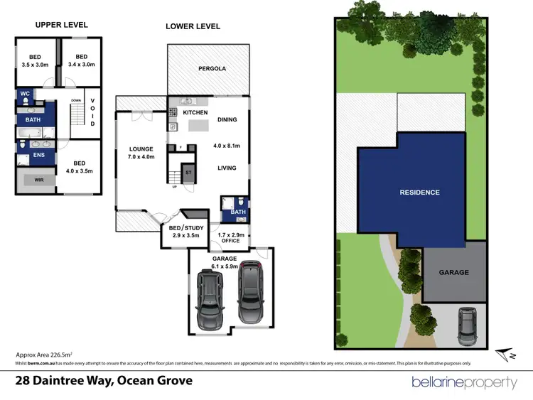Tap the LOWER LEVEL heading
pyautogui.click(x=193, y=26)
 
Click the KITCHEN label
pyautogui.click(x=195, y=113)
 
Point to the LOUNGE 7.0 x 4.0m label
pyautogui.click(x=141, y=153)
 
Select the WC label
pyautogui.click(x=24, y=94)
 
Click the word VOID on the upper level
pyautogui.click(x=92, y=112)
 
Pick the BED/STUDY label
pyautogui.click(x=185, y=228)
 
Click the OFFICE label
pyautogui.click(x=230, y=240)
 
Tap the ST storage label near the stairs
pyautogui.click(x=188, y=172)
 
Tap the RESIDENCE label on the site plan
pyautogui.click(x=419, y=193)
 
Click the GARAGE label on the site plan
pyautogui.click(x=453, y=272)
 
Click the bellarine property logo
pyautogui.click(x=465, y=382)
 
